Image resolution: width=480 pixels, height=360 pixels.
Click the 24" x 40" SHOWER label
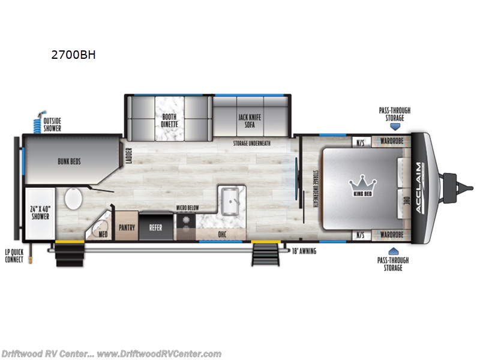tap(40, 212)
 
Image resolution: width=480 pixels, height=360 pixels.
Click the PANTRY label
tap(127, 227)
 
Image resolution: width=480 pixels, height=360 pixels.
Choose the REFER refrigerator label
tap(156, 227)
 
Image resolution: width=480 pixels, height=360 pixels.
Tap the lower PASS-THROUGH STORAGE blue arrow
tap(394, 251)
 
